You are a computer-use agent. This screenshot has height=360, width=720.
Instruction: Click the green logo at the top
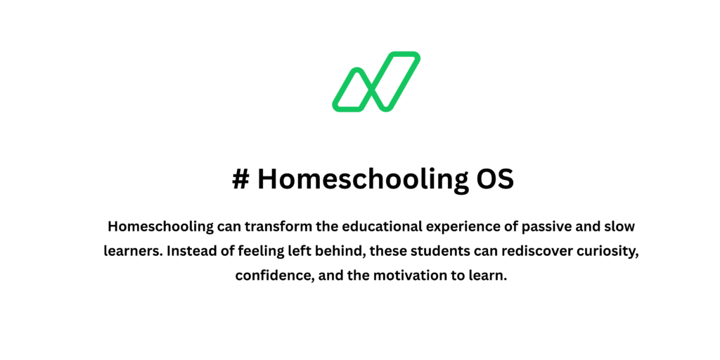pos(375,82)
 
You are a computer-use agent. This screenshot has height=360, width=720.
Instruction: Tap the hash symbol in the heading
pos(240,179)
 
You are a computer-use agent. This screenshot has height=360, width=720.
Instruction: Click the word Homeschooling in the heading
pos(358,179)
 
